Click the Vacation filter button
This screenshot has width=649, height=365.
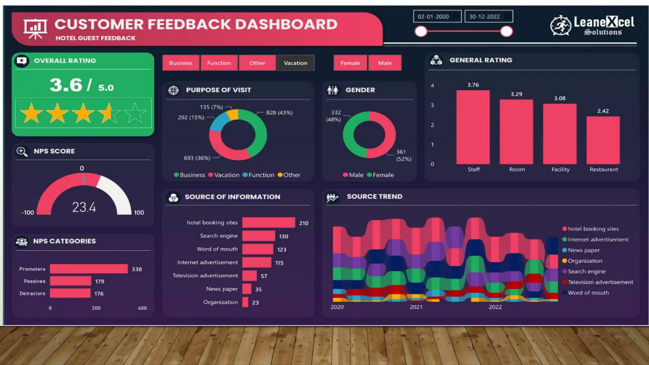coord(295,63)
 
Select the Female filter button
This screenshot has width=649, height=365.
coord(350,63)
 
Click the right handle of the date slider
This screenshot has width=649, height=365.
coord(506,31)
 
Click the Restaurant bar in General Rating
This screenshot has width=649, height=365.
coord(603,140)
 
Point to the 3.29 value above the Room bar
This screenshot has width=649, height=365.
coord(516,94)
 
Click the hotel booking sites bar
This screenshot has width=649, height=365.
coord(268,222)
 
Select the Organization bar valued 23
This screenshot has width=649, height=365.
coord(245,302)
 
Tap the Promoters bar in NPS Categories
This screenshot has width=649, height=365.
coord(89,269)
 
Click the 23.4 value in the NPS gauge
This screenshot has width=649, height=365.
coord(84,207)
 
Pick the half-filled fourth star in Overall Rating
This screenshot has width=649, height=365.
coord(109,113)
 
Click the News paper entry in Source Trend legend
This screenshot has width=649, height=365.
coord(583,250)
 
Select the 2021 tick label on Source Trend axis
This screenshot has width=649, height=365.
coord(416,307)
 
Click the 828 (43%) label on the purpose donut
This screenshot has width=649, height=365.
coord(279,112)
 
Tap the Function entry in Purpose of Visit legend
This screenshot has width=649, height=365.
coord(261,175)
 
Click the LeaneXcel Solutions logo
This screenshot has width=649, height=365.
coord(592,25)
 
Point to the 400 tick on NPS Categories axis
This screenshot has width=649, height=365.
coord(142,308)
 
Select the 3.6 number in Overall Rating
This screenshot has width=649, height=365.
coord(66,85)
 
